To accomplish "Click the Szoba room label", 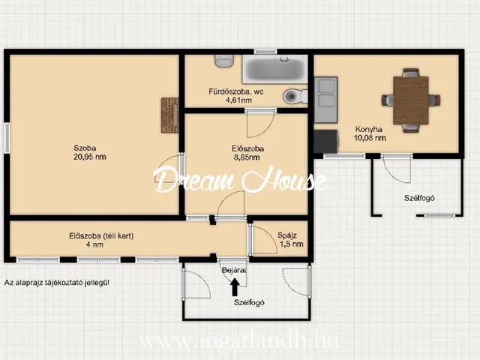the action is point(85,148).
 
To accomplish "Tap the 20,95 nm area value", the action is point(90,157).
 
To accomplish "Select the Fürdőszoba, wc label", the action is point(236,91).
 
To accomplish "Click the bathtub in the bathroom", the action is point(275,69).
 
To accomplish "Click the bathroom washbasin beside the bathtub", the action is point(224,61).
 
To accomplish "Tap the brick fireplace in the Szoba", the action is point(170,115).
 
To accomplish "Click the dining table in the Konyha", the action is point(411,100).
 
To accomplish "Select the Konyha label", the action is point(368,129).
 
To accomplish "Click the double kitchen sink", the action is point(326,100).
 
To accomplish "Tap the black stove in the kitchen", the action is point(326,141).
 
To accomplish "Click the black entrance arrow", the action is point(235,286).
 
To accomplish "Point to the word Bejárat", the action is point(234,271).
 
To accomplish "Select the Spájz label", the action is point(287,235).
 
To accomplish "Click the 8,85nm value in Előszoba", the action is point(247,157).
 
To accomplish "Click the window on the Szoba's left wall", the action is point(7,138).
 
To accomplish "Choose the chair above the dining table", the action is point(410,73).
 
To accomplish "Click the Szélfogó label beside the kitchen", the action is point(419,198).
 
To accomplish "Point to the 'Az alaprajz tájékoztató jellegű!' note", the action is point(57,283).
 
